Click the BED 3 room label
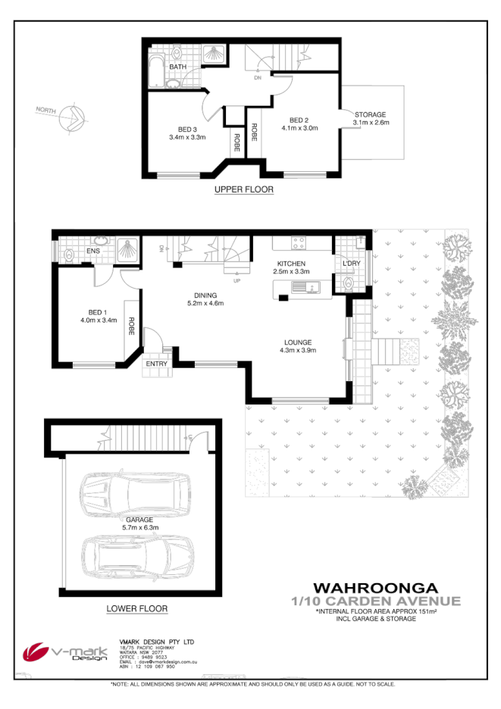coord(187,128)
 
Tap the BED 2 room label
coord(299,119)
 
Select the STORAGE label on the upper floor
coord(371,114)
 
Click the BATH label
coord(178,67)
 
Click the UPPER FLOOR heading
coord(243,189)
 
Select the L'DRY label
coord(351,264)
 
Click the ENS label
coord(94,250)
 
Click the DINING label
coord(205,295)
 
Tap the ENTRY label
coord(157,364)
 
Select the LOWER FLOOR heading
coord(137,608)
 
